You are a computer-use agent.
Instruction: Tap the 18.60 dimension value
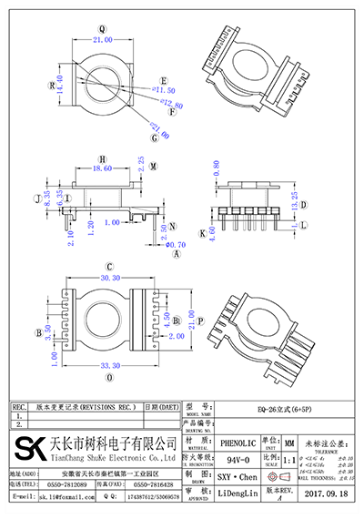pos(103,169)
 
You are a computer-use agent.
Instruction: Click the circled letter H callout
pos(102,157)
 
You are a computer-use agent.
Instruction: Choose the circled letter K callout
pos(201,233)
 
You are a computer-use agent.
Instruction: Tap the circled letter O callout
pos(111,375)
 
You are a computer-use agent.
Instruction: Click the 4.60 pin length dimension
pos(212,233)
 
